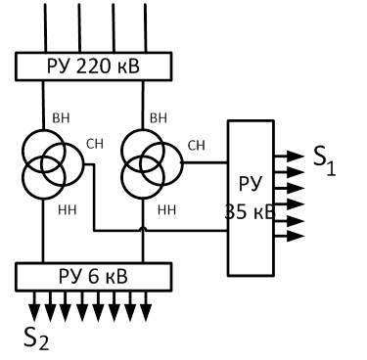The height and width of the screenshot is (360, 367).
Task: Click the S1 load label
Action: tap(324, 160)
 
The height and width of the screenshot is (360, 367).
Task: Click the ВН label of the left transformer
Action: tap(61, 118)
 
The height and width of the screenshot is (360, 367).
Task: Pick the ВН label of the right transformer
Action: tap(159, 118)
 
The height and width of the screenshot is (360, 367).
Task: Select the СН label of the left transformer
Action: tap(95, 144)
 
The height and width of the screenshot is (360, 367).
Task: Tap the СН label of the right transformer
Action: tap(196, 146)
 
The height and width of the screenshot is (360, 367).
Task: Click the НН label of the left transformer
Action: tap(68, 210)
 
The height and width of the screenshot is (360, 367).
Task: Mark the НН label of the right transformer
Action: tap(166, 210)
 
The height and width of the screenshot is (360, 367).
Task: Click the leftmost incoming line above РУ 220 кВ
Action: tap(45, 27)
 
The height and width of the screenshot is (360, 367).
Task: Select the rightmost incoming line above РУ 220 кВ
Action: tap(145, 27)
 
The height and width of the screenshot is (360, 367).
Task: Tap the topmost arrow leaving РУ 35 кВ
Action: tap(290, 157)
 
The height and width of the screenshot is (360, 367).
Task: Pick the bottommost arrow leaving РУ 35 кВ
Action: tap(290, 236)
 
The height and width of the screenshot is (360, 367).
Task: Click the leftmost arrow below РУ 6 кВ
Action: tap(34, 306)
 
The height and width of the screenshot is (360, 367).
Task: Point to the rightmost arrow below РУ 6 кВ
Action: tap(146, 306)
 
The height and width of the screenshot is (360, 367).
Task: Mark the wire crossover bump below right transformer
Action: tap(143, 229)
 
